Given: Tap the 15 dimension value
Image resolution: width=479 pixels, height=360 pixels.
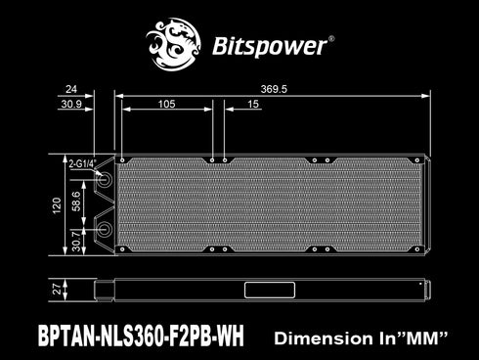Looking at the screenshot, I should point(253,103).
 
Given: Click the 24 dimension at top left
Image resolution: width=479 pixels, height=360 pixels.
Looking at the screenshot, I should point(70,87).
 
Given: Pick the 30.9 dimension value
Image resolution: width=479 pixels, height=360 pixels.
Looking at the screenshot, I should point(71,103).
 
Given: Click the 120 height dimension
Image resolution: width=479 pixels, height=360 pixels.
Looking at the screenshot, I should point(58,204).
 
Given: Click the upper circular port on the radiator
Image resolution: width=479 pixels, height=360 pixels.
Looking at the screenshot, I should point(105,182).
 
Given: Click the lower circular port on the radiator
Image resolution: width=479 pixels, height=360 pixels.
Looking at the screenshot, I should point(105,229).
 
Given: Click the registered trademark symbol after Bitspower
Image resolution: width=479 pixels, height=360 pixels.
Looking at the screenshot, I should point(331,38).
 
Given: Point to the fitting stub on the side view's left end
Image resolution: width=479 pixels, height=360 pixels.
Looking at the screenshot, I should point(103,291).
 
